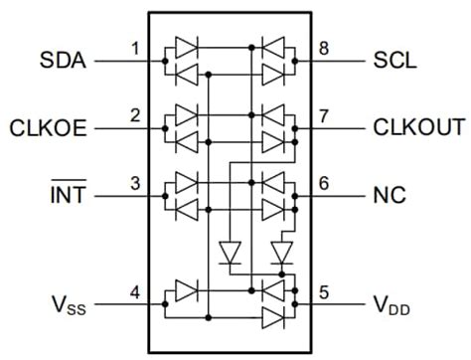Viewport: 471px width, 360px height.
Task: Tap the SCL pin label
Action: tap(396, 61)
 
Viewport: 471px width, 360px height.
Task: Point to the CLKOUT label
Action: tap(418, 127)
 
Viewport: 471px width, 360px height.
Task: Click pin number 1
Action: tap(134, 48)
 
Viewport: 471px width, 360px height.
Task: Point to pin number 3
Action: tap(134, 182)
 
